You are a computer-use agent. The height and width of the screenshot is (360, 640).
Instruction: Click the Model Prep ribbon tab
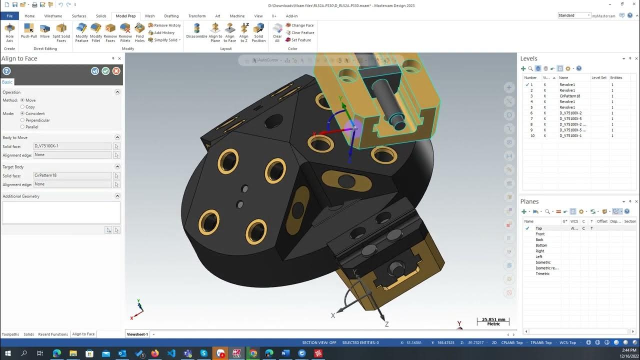coord(125,16)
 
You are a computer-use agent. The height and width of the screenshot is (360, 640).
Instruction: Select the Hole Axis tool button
coord(9,32)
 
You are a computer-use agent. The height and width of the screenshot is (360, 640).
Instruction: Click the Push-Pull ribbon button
coord(28,32)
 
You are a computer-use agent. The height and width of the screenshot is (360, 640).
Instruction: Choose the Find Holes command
coord(139,32)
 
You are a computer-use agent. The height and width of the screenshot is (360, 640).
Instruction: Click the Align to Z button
coord(244,32)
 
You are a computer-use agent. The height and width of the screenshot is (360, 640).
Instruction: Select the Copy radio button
coord(22,107)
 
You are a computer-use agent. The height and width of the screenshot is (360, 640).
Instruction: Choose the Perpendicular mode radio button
coord(22,120)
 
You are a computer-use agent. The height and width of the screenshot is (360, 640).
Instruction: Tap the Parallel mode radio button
coord(22,127)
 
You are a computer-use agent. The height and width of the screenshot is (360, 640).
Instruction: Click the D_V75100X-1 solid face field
coord(72,146)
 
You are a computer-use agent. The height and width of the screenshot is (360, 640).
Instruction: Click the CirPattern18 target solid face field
coord(72,175)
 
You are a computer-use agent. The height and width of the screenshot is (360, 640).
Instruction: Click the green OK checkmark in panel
coord(105,71)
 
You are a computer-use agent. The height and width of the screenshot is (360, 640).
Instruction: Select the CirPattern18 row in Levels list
coord(569,96)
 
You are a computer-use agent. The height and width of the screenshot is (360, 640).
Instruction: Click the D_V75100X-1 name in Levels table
coord(570,136)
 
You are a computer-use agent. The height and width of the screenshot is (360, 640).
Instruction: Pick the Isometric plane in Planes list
coord(543,262)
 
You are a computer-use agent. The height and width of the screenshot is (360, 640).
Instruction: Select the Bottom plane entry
coord(541,245)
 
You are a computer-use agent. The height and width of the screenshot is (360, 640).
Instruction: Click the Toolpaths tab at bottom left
coord(10,334)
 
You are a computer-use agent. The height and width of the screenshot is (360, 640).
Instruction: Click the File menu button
coord(9,16)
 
